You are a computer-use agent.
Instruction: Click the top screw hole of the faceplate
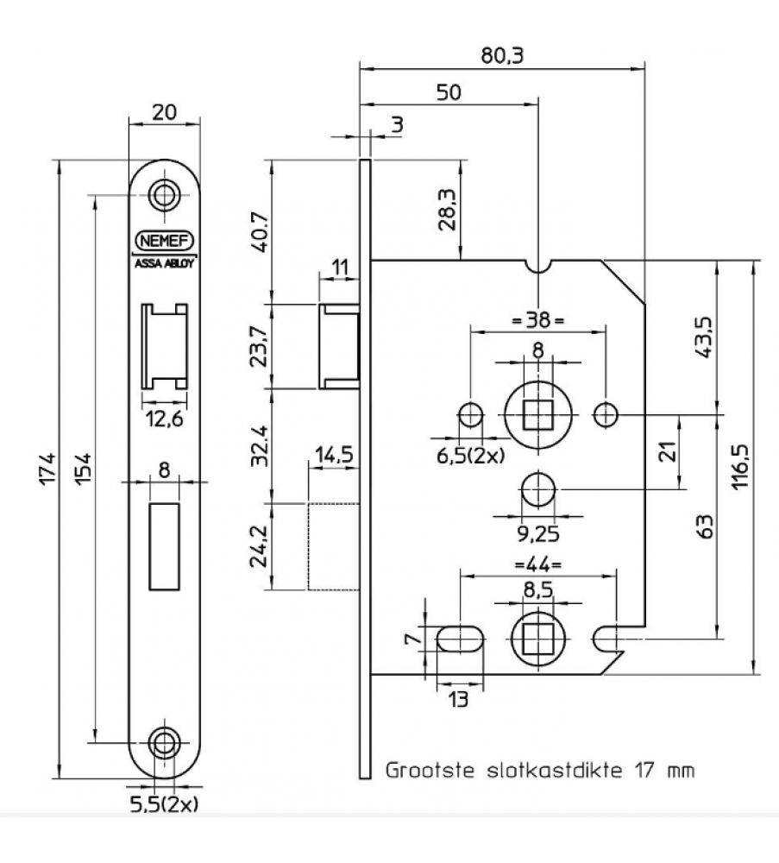[163, 194]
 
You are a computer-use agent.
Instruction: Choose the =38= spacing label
[538, 320]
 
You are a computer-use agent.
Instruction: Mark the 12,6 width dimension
[164, 420]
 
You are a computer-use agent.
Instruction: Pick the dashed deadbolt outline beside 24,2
[333, 546]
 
